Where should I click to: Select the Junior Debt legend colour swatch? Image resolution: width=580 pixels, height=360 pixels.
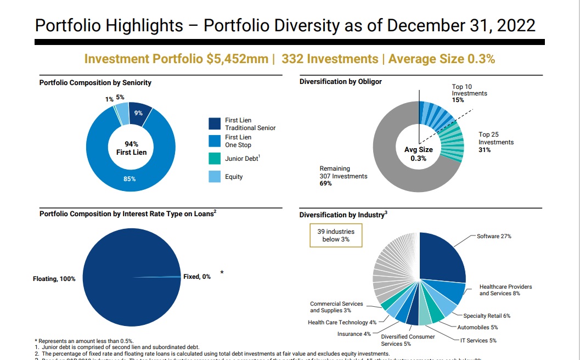pos(214,160)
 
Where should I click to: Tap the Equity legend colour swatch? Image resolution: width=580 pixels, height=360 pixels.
pos(214,177)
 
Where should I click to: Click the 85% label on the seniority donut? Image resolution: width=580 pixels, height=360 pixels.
pos(129,179)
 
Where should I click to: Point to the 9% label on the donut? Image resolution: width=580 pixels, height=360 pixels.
pos(138,113)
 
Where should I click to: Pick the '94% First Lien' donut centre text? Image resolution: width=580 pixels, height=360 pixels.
pos(131,148)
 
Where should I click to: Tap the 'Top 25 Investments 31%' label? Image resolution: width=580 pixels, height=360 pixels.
pos(496,142)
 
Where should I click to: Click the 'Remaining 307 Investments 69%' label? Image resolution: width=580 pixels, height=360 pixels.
pos(344,176)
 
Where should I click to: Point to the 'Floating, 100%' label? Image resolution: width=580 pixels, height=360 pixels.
pos(54,279)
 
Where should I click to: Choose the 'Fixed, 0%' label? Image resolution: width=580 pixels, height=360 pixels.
pos(197,277)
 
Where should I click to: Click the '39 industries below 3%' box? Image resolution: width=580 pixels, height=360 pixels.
pos(336,235)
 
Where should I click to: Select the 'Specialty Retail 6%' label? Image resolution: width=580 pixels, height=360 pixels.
pos(487,316)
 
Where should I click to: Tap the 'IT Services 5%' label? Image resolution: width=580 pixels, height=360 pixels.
pos(478,340)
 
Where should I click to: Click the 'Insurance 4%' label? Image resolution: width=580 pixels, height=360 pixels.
pos(354,334)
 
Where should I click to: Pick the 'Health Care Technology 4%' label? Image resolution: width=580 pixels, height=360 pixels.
pos(342,322)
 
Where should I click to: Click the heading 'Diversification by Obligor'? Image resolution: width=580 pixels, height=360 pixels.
pos(341,82)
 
